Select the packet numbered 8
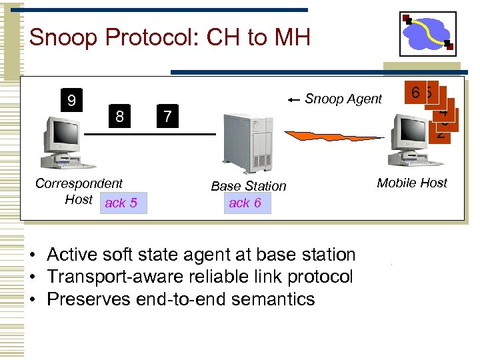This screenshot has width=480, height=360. coord(119,117)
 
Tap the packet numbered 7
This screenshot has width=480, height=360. coord(167,117)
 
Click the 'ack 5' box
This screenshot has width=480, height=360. coord(121,203)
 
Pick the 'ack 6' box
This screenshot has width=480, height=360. coord(245,203)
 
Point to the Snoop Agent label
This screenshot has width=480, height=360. coord(343,99)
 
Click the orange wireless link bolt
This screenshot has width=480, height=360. coord(333,136)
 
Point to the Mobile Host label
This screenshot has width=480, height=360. coord(412,183)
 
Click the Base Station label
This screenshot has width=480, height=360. coord(248,186)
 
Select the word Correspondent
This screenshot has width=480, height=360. coord(79,183)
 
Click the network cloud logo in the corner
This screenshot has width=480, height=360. coord(429,33)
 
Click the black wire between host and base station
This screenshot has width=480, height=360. coord(153,134)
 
